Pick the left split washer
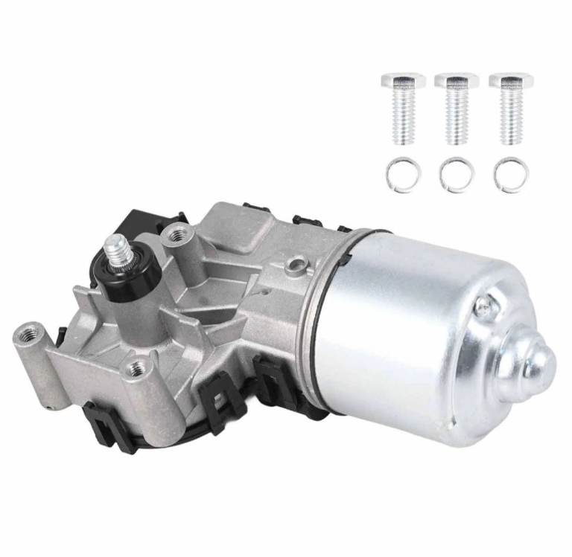(403, 175)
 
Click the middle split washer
(457, 175)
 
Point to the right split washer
(511, 175)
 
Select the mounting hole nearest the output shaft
(178, 236)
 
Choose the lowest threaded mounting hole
(137, 366)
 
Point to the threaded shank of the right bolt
(510, 117)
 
